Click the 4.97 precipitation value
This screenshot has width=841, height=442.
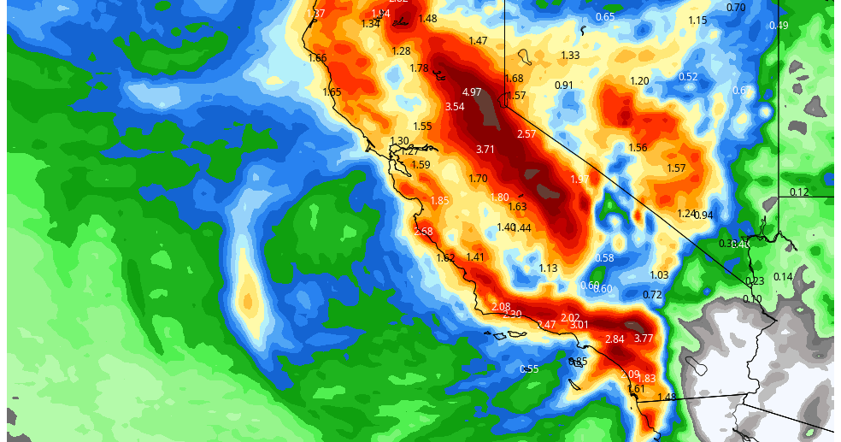coord(472,92)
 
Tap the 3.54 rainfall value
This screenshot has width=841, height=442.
coord(455,107)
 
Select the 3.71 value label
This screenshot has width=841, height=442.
coord(485,150)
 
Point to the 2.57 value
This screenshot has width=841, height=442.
coord(526,134)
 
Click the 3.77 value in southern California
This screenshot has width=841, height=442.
coord(644,339)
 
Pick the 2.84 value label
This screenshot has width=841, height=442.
coord(615,339)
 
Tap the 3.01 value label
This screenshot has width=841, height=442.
coord(579,325)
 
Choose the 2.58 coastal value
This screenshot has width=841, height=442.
coord(423,232)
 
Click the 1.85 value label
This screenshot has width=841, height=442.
coord(439,201)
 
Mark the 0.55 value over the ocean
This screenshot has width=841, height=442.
coord(529,369)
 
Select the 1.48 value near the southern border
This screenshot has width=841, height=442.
coord(667,397)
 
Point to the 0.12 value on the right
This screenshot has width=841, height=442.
coord(799,192)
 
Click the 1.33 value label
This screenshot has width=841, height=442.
coord(570,56)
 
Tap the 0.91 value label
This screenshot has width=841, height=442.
coord(564,85)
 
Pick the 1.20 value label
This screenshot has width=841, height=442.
coord(639,81)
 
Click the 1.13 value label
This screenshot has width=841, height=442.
coord(548,268)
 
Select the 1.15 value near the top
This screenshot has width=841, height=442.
coord(697,21)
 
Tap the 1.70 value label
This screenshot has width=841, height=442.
coord(478,179)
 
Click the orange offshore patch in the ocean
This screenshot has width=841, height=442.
coord(248,299)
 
